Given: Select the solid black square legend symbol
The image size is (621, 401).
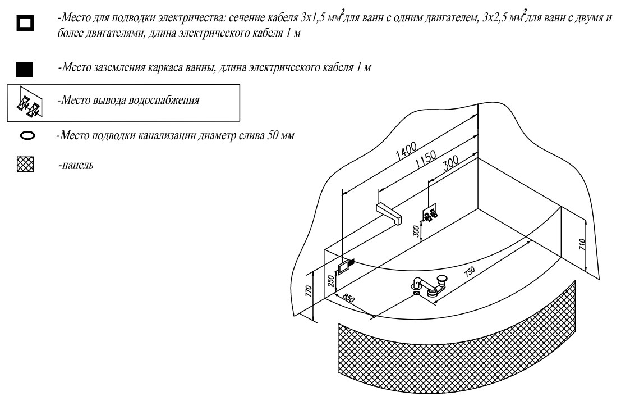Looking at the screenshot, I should (x=26, y=70).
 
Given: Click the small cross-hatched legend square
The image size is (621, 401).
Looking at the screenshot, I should (x=26, y=167).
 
